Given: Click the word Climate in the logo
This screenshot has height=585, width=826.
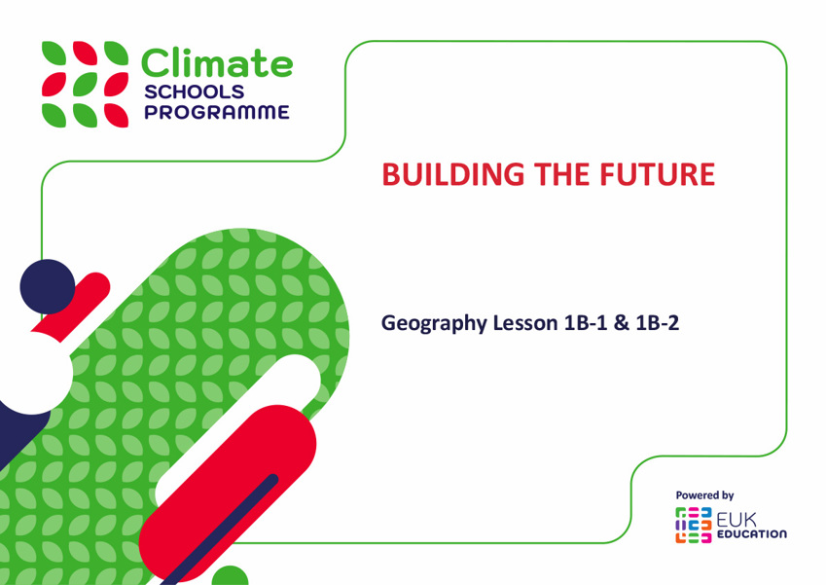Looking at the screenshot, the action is (217, 63).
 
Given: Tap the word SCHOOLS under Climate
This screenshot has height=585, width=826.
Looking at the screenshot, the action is (195, 91).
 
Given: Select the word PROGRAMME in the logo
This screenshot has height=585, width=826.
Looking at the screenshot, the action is (217, 112).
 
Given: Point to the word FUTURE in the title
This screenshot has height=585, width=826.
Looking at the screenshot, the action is (658, 174).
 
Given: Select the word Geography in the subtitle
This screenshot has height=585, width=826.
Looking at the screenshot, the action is (434, 323).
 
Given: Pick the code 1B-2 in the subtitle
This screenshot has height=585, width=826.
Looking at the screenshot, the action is (658, 322).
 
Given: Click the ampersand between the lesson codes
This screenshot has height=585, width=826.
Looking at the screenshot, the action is (622, 322).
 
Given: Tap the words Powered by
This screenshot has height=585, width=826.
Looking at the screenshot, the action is (704, 495).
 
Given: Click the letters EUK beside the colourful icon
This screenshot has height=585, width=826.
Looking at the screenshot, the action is (736, 520).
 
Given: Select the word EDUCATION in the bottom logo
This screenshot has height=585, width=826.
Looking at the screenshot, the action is (752, 533).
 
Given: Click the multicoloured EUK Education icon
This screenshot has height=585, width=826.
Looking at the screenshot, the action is (694, 525).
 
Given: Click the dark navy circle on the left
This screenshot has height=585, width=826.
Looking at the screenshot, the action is (48, 287).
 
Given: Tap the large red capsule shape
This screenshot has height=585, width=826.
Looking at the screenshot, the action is (228, 494).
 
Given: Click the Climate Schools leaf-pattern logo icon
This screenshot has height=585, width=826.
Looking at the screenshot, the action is (85, 85).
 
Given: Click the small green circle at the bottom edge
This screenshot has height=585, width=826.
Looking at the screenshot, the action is (230, 576).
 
